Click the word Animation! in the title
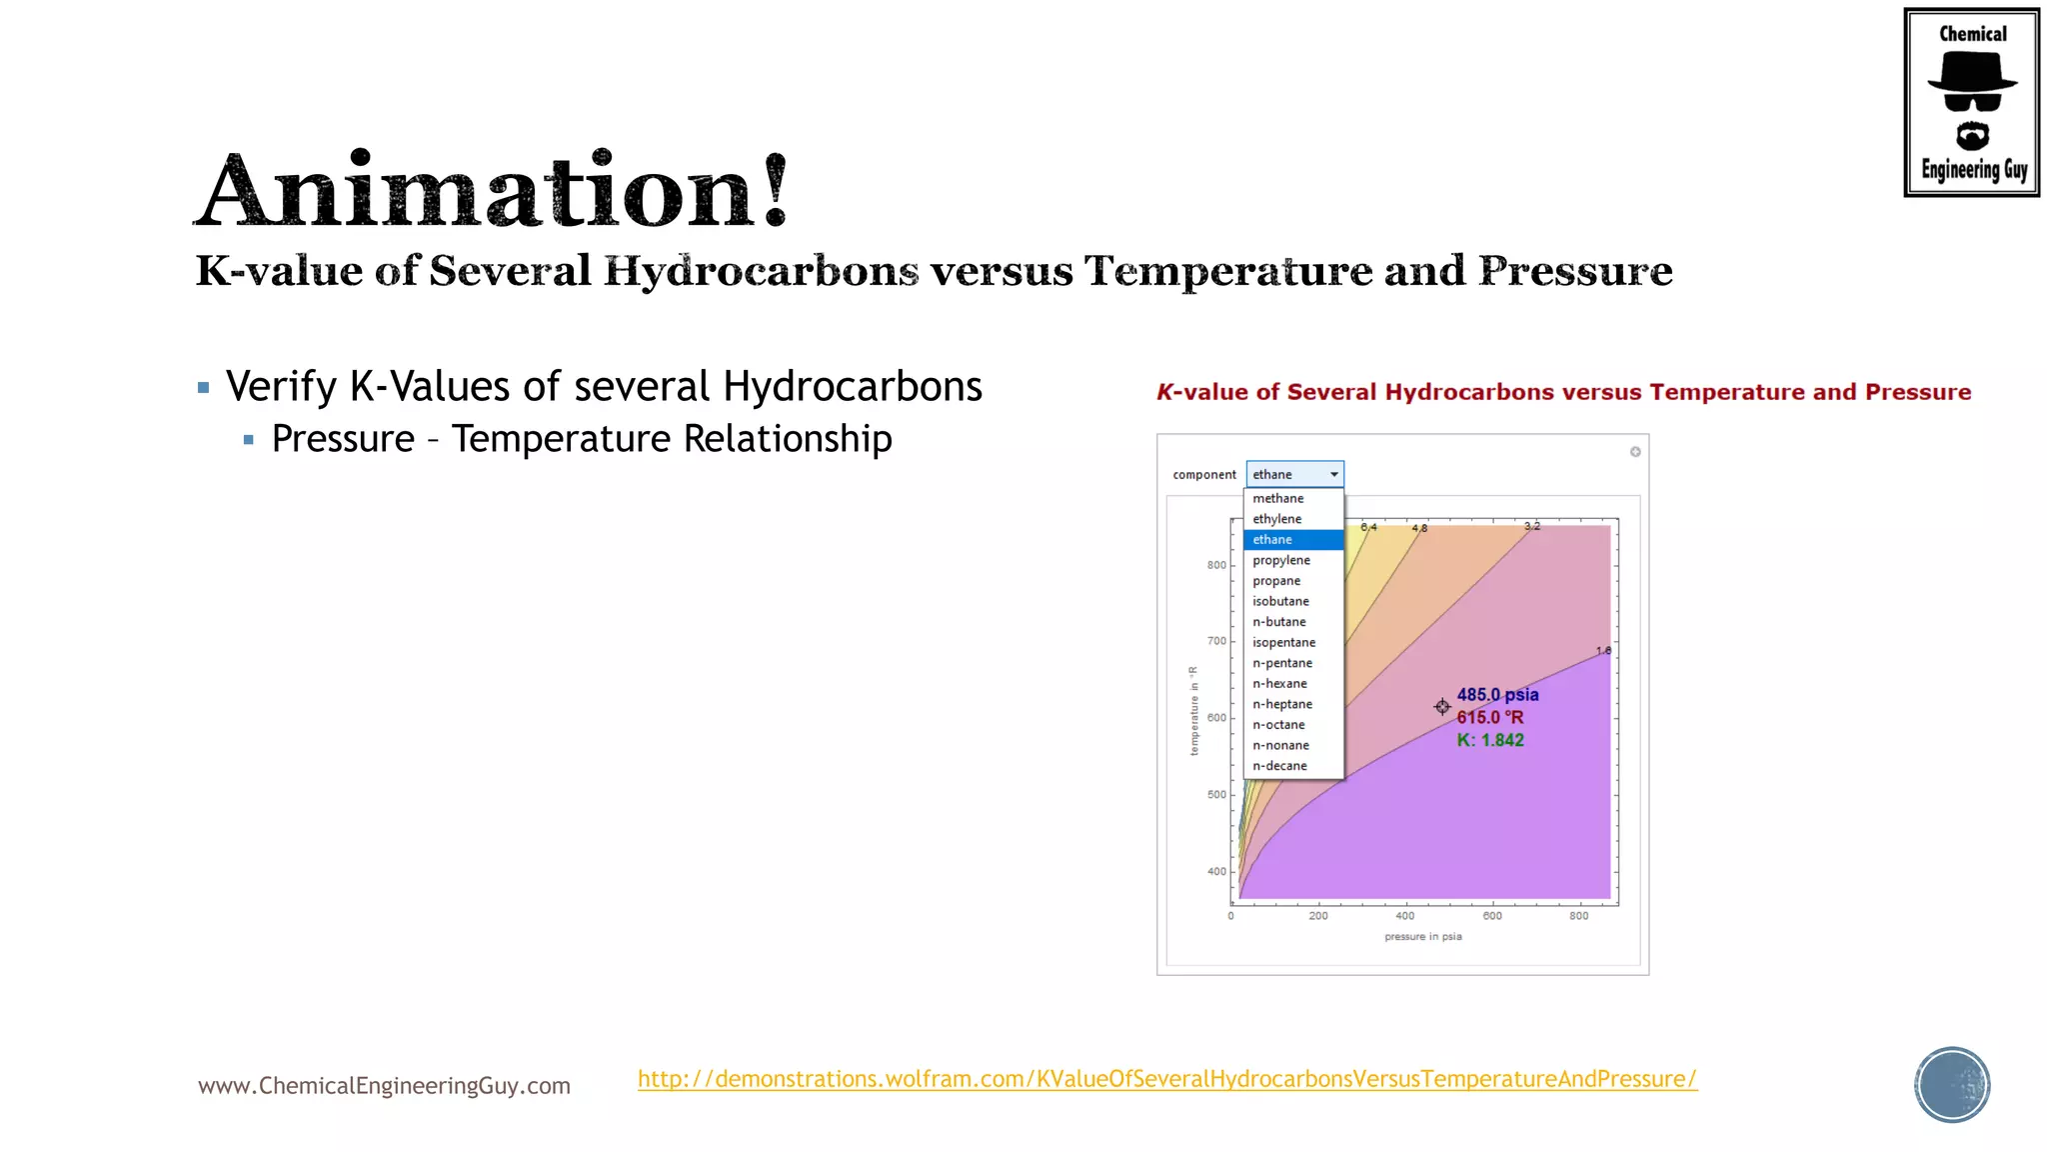(492, 190)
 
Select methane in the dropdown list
(1277, 498)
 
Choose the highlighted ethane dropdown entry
(1273, 539)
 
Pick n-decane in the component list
(1279, 766)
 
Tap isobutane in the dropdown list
(1280, 601)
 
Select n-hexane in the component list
(1279, 683)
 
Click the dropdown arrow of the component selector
(1333, 474)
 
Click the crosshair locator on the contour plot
(1441, 707)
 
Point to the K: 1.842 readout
(1489, 740)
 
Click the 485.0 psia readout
(1496, 694)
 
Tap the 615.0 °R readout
(1489, 717)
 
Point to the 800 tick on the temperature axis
(1216, 565)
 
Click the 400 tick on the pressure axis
(1404, 916)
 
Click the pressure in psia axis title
(1422, 937)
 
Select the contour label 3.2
(1531, 526)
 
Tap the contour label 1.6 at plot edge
(1603, 651)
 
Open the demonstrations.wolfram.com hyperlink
(1166, 1079)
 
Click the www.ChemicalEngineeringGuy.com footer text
(384, 1086)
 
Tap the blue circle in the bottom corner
(1951, 1085)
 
